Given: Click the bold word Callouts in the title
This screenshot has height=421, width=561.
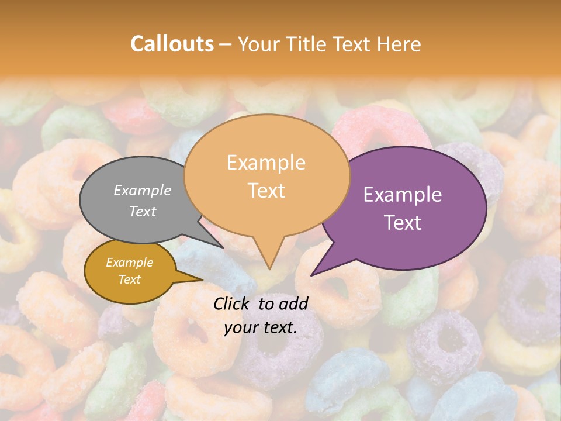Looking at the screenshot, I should point(172,44).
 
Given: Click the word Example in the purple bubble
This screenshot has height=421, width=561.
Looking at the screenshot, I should point(402,195).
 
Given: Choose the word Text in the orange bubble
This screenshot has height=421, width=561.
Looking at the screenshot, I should point(266,191).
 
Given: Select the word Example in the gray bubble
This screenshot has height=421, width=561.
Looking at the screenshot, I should point(143,191).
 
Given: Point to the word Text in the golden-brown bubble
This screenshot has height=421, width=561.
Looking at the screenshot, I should point(129,279).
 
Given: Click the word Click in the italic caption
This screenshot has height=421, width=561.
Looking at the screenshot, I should point(233,303).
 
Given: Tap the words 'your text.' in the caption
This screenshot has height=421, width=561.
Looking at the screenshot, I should point(261,327).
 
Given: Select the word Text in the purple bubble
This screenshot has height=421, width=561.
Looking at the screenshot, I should point(403,223).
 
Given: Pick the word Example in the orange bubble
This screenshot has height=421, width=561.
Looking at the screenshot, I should point(266,163).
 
